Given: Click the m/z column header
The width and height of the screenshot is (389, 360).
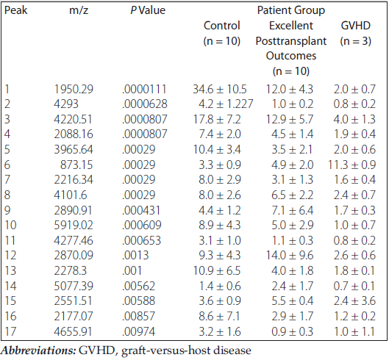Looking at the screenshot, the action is click(79, 10).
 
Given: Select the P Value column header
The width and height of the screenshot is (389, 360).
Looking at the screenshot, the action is click(148, 10).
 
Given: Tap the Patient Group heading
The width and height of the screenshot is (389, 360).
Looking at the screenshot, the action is click(291, 10).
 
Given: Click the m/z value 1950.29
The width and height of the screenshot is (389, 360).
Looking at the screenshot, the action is click(74, 89).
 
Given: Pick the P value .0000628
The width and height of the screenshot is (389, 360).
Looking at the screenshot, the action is click(145, 104).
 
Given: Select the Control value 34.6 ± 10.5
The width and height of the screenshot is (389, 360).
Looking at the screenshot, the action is click(220, 89).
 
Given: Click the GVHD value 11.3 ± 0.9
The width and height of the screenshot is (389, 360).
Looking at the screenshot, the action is click(352, 165).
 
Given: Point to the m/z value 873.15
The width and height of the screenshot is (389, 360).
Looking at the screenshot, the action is click(76, 165).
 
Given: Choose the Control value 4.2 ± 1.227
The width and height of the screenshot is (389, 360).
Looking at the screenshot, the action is click(226, 104).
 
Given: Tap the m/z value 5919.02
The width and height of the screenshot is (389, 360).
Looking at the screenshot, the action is click(74, 225).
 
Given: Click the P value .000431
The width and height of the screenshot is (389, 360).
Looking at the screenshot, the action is click(141, 210).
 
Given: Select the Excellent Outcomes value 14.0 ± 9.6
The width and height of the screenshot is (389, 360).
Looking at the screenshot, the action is click(290, 255).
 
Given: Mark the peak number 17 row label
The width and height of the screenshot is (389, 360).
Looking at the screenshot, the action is click(10, 331).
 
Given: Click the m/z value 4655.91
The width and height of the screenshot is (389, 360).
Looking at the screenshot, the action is click(73, 331).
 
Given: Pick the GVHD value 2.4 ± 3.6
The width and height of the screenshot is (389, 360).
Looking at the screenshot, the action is click(354, 300).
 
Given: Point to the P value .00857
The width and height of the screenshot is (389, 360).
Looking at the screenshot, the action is click(138, 316).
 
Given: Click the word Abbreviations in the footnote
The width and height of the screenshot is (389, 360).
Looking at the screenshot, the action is click(38, 350).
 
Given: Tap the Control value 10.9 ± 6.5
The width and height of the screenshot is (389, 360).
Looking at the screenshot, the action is click(217, 270).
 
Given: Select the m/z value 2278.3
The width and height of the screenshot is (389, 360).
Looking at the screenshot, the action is click(70, 270).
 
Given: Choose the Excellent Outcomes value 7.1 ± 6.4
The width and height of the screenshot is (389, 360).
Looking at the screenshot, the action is click(292, 210).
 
